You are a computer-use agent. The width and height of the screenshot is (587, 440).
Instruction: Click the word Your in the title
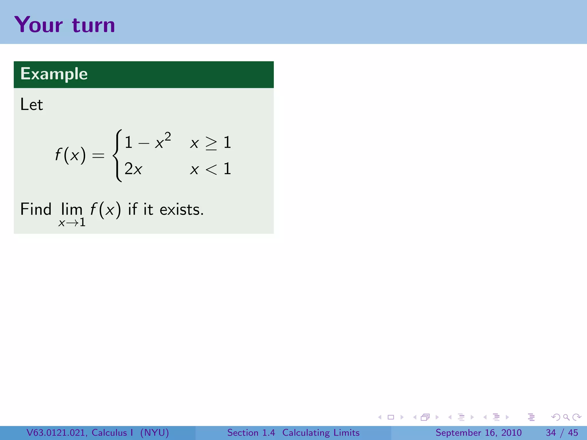[x=38, y=25]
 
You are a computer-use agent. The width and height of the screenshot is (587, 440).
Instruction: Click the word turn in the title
[x=93, y=25]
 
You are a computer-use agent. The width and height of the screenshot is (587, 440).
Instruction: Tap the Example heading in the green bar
[x=54, y=74]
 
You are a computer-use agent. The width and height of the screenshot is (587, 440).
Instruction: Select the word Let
[x=32, y=104]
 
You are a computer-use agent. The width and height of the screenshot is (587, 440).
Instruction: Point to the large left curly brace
[x=117, y=156]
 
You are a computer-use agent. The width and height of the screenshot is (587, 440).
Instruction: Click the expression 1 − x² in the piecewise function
[x=148, y=142]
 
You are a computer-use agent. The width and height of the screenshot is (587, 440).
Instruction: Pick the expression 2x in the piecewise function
[x=133, y=169]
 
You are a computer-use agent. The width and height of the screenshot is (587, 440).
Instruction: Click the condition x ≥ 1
[x=210, y=142]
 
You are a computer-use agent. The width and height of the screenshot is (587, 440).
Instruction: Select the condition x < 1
[x=210, y=169]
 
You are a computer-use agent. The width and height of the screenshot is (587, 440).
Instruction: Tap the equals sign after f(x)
[x=98, y=156]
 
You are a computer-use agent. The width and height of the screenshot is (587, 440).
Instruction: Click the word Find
[x=36, y=209]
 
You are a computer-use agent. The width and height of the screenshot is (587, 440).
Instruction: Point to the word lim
[x=72, y=209]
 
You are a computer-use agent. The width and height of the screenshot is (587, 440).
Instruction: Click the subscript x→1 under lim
[x=72, y=223]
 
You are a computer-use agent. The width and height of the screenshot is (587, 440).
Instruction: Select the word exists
[x=181, y=209]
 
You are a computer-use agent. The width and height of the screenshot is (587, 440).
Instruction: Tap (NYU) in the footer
[x=154, y=433]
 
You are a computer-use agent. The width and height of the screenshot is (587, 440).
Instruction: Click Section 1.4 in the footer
[x=251, y=433]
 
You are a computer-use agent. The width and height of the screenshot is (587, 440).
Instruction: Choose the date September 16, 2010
[x=478, y=433]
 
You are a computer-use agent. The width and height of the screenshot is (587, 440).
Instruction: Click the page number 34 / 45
[x=562, y=433]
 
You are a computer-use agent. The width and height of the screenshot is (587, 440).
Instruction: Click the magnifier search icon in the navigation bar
[x=566, y=417]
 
